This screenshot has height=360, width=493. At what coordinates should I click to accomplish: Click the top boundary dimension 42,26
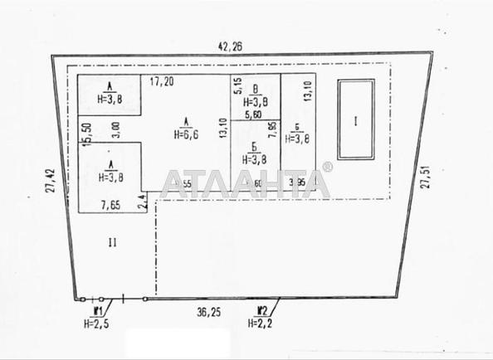(x=230, y=47)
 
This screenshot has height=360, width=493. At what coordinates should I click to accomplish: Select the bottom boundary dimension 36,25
(x=197, y=313)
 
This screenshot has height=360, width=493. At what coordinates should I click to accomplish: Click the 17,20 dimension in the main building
(x=163, y=82)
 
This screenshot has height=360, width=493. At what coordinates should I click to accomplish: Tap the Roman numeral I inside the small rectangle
(x=355, y=121)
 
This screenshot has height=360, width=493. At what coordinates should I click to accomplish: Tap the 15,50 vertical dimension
(x=85, y=133)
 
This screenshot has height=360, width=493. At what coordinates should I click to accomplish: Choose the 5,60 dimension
(x=253, y=115)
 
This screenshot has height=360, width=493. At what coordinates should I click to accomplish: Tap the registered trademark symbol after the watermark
(x=327, y=168)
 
